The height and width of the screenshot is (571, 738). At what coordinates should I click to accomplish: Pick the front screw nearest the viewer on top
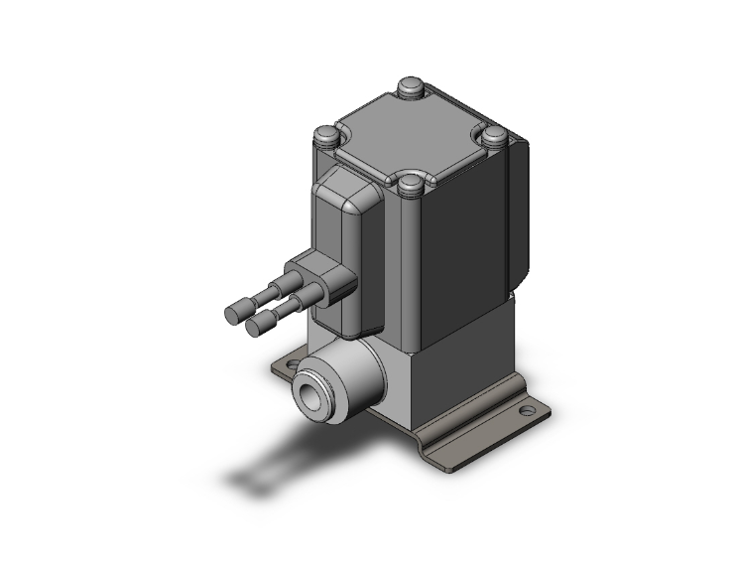[409, 185]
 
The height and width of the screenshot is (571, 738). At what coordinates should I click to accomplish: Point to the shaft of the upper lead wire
[264, 298]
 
